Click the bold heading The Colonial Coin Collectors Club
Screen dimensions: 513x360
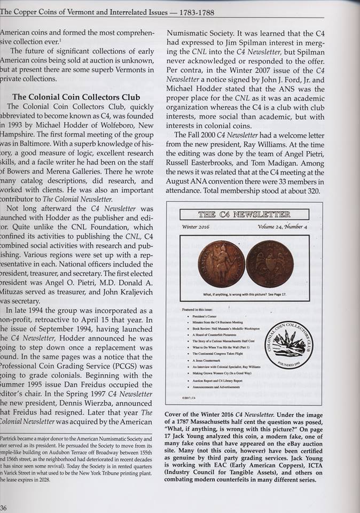tap(76, 97)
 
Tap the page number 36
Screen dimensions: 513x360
tap(4, 507)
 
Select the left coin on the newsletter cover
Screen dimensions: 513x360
tap(221, 263)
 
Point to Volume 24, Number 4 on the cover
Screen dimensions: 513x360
tap(282, 227)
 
